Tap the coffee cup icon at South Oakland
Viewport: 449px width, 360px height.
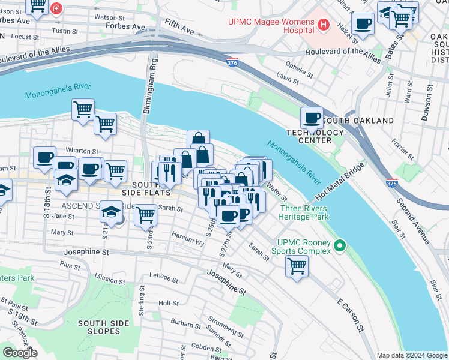pos(312,118)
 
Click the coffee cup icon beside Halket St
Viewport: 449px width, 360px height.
pos(363,23)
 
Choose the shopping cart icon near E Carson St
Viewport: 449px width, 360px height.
pos(297,266)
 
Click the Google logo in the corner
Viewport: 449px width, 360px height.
pos(20,353)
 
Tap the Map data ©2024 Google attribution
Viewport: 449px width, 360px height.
pos(412,355)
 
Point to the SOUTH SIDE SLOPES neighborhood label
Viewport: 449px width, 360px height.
pos(103,327)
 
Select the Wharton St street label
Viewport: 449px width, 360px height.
pos(82,151)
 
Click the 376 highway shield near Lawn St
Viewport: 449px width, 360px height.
pos(233,62)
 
